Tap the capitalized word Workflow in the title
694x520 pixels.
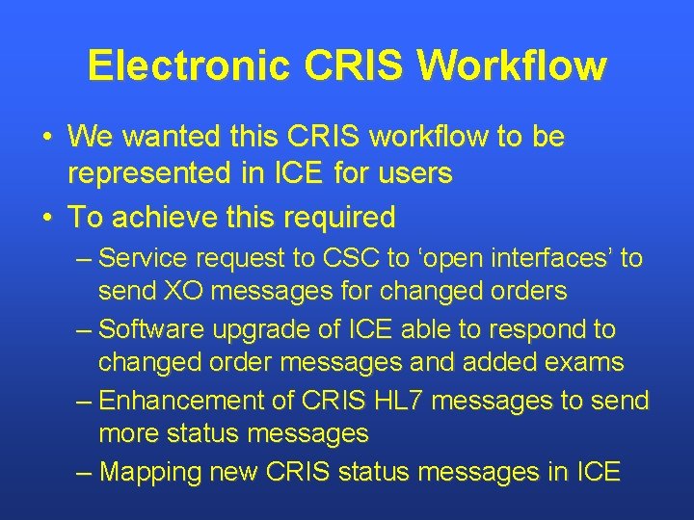tap(513, 66)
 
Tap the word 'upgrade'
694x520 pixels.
tap(267, 329)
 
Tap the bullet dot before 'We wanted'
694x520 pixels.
tap(46, 139)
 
